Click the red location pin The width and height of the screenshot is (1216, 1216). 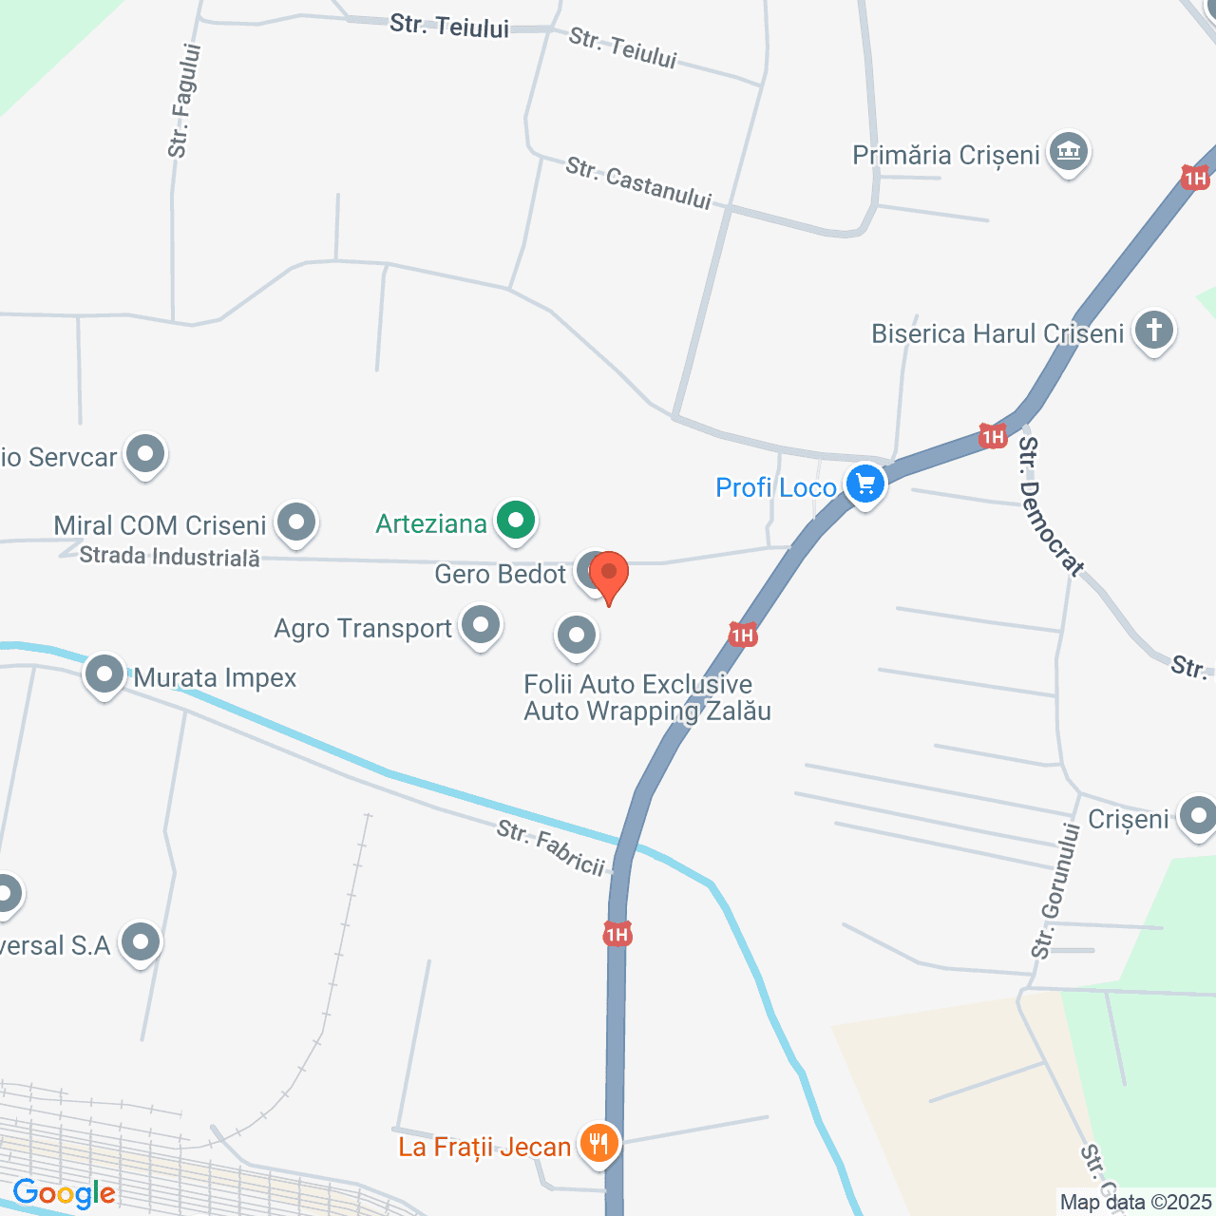pos(609,575)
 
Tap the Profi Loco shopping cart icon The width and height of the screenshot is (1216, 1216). pos(864,484)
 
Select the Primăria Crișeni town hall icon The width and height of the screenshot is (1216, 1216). pos(1069,152)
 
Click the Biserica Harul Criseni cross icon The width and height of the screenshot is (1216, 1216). pos(1153,332)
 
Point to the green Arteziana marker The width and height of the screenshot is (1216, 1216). pos(516,521)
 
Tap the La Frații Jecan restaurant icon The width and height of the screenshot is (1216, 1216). pos(598,1144)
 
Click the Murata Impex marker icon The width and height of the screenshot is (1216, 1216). pos(104,675)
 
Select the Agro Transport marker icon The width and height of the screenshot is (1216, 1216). pos(481,626)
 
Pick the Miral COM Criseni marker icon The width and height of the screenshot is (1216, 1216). pos(296,522)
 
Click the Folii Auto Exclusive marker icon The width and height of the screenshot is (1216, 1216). pos(576,636)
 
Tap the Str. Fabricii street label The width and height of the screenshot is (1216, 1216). pos(551,847)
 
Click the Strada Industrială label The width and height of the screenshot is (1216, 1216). pos(170,557)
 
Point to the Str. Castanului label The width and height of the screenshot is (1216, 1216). pos(638,182)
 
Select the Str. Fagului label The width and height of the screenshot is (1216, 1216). pos(184,101)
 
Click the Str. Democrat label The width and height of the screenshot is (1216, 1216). pos(1051,506)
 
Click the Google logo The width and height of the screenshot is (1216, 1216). pos(64,1193)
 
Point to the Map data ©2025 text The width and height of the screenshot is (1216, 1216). pos(1136,1202)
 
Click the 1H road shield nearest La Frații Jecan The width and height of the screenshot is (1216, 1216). pos(617,935)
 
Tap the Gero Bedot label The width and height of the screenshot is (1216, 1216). pos(500,574)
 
